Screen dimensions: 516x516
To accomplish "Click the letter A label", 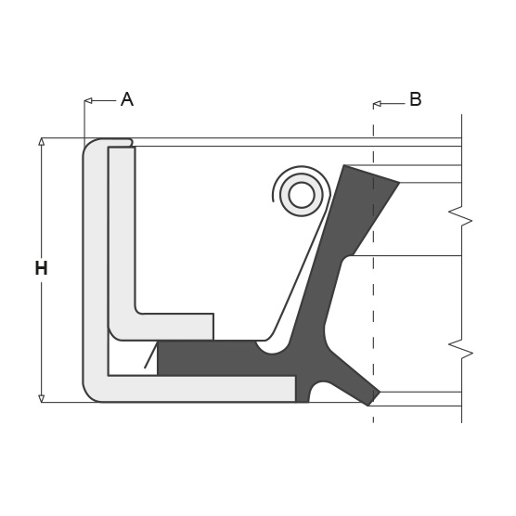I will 127,99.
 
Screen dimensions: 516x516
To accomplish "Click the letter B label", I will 415,99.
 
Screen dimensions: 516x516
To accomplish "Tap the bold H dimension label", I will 41,269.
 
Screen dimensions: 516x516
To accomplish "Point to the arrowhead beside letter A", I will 87,100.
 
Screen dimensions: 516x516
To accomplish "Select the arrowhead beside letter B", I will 377,104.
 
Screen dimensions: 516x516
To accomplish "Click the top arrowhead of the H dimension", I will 41,142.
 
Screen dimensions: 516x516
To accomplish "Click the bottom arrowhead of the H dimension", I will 41,398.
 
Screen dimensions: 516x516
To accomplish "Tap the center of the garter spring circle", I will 302,195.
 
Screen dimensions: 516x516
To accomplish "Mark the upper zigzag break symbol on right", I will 460,219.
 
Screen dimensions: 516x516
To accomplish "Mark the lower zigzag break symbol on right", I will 460,350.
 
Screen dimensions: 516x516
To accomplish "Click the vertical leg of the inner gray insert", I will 122,232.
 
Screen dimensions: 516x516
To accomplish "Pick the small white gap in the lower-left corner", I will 125,357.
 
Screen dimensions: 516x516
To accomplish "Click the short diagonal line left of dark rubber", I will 150,355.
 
